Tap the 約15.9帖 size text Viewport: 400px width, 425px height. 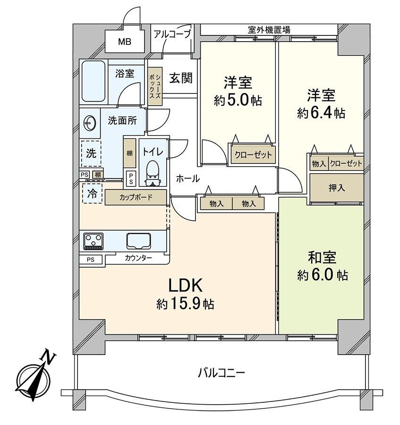pos(185,304)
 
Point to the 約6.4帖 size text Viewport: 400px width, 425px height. pos(321,113)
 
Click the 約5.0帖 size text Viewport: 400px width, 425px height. pos(238,101)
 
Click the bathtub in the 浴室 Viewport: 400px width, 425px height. pos(93,82)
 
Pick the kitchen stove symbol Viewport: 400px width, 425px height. pos(94,241)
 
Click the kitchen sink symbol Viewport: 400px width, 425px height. pos(138,241)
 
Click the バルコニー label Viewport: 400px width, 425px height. pos(221,373)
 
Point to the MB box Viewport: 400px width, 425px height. pos(124,42)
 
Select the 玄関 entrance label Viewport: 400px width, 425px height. pos(181,78)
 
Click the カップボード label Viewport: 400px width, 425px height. pos(136,197)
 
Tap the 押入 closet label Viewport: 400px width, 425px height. pos(337,187)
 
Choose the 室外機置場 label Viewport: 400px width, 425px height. pos(269,30)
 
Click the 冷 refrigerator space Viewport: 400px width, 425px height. pos(93,193)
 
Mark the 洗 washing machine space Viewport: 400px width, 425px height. pos(91,153)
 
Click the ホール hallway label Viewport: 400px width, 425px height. pos(187,178)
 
